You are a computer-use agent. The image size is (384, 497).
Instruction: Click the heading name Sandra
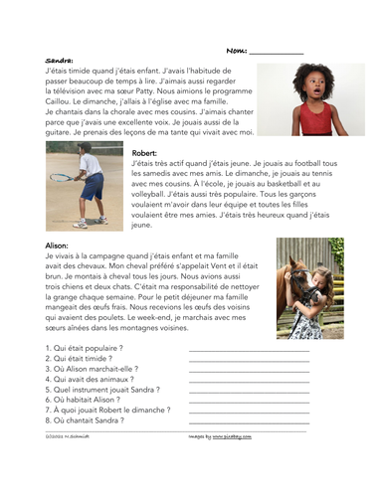(60, 61)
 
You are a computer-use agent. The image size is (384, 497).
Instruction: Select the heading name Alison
(58, 244)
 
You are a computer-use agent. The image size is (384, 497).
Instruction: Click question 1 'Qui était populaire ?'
(86, 348)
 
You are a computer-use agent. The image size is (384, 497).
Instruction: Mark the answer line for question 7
(248, 411)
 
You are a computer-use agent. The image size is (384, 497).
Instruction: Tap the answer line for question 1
(248, 350)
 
